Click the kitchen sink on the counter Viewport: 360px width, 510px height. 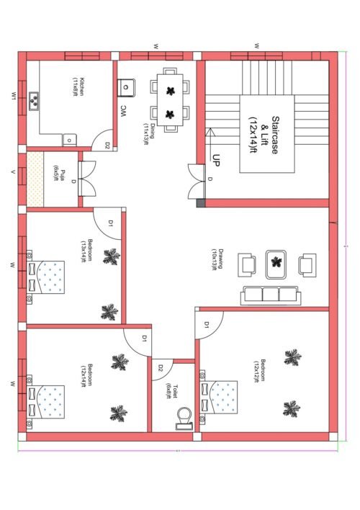[34, 102]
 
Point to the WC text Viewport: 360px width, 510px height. [123, 110]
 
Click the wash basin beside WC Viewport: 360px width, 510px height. [127, 86]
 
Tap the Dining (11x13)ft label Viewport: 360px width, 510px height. [148, 134]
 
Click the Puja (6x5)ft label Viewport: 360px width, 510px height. [60, 174]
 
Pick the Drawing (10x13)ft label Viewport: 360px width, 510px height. [215, 258]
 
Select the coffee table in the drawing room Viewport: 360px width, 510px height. [275, 263]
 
